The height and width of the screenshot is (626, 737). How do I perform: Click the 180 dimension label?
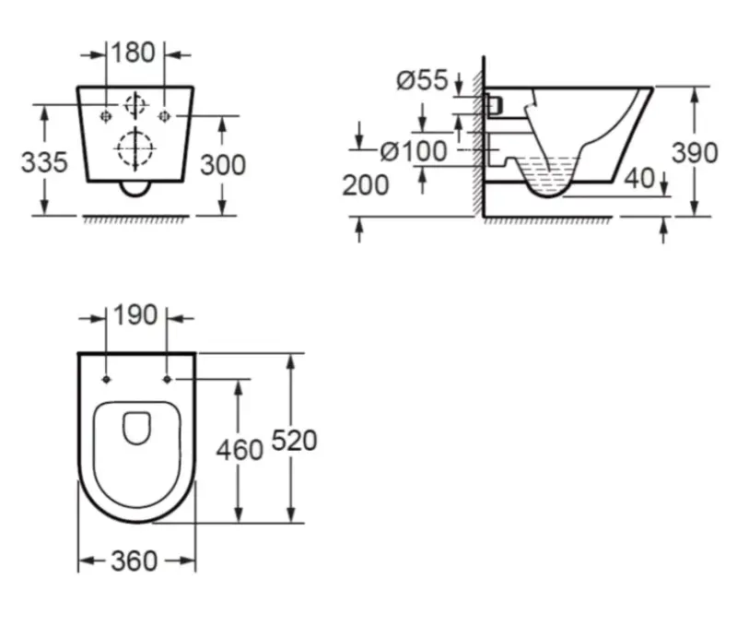coord(135,53)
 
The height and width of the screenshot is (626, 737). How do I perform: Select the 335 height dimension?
coord(45,162)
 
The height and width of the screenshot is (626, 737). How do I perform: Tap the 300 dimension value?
coord(223,164)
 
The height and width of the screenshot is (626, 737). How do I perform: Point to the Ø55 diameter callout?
coord(421,81)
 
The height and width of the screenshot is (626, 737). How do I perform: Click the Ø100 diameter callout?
coord(414,150)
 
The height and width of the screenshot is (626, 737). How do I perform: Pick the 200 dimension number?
coord(366,185)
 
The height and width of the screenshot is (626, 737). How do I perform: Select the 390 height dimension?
coord(695,153)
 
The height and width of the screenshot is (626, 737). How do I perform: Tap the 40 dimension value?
coord(639,177)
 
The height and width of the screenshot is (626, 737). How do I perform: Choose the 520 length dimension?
coord(293,441)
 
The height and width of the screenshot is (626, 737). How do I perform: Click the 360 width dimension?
coord(135,560)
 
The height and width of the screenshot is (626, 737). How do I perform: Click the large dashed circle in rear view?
coord(135,148)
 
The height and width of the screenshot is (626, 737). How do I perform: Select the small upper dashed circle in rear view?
coord(135,103)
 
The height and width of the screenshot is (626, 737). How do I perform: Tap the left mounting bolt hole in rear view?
coord(107,115)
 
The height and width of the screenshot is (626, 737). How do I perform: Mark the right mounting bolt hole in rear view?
coord(164,115)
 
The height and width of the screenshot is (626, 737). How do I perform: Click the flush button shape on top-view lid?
coord(136,428)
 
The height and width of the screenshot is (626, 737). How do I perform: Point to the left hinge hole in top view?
coord(108,379)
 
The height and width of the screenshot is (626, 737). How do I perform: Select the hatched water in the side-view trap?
coord(548,171)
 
